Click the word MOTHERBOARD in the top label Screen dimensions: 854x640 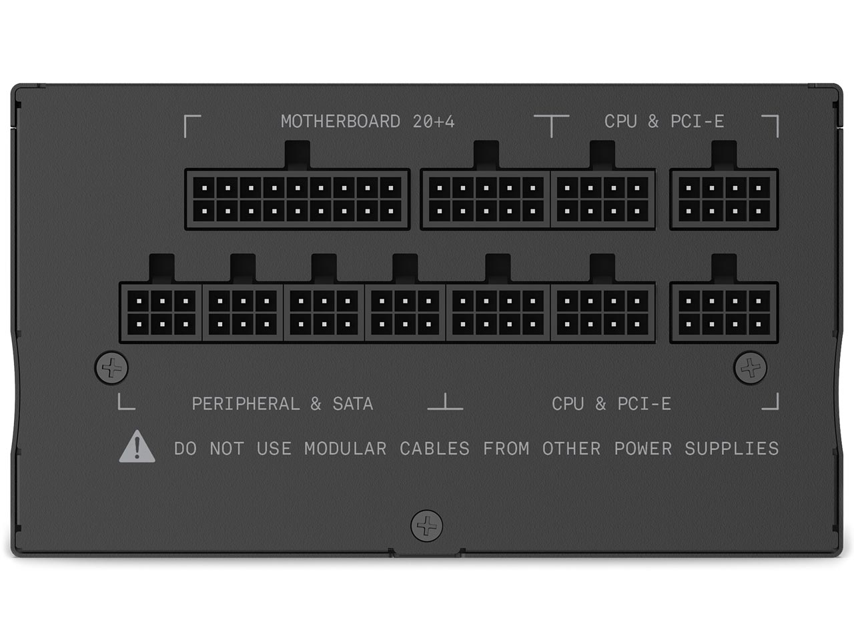340,121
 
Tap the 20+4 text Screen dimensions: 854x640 434,121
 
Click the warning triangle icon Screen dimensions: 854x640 137,446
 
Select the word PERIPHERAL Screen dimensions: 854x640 246,404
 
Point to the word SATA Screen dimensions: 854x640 353,404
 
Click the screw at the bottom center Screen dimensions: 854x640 427,526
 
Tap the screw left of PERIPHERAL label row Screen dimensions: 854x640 111,367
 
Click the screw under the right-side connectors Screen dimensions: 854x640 751,367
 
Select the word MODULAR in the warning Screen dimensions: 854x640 346,449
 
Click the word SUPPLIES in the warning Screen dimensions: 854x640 731,449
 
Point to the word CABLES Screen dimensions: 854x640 434,449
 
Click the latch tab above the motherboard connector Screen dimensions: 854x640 298,155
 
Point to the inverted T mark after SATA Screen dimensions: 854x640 445,401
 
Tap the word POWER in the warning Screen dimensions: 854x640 643,449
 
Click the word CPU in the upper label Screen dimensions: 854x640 620,121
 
